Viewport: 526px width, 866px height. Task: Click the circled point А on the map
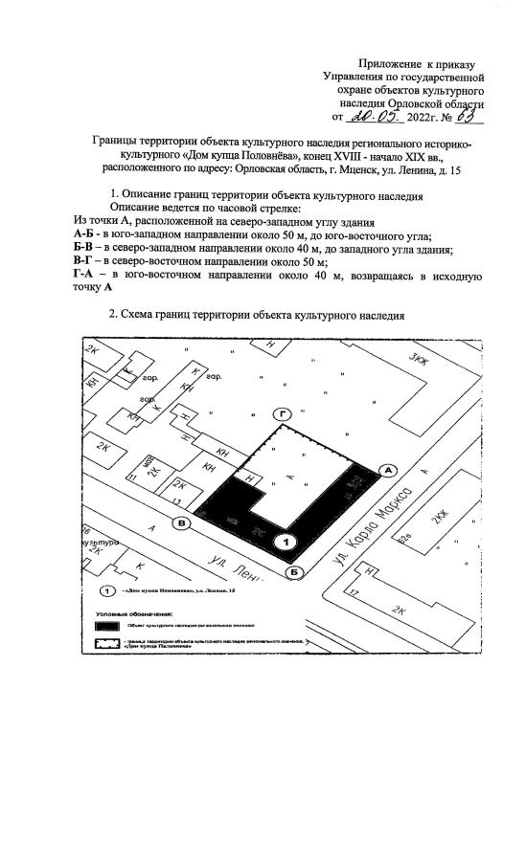point(389,470)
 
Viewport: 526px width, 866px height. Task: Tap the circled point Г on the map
point(282,414)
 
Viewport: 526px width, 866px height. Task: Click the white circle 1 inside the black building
point(285,542)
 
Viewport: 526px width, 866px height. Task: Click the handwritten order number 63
point(467,117)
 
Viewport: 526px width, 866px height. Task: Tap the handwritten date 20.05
point(373,117)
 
